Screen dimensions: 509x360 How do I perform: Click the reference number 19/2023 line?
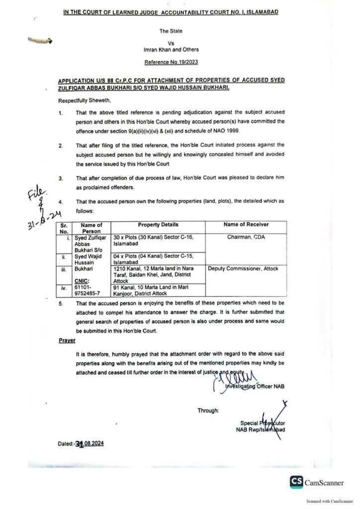[x=171, y=63]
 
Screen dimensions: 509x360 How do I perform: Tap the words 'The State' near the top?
[x=171, y=31]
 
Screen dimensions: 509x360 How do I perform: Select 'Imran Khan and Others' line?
[x=171, y=50]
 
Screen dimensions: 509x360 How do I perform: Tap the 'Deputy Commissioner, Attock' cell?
[x=243, y=269]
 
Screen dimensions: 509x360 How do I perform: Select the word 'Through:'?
[x=208, y=411]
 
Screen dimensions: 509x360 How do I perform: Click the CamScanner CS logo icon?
[x=297, y=482]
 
